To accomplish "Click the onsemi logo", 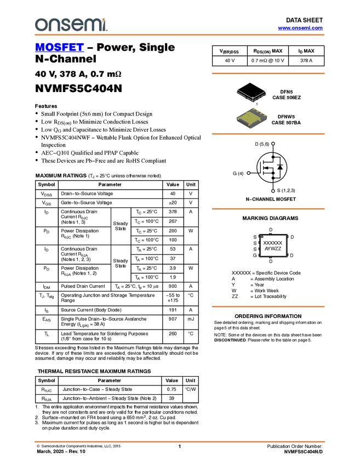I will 71,25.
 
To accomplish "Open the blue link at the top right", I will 300,28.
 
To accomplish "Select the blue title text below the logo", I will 59,48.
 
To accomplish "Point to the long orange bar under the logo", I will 179,35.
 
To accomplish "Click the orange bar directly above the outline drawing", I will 268,73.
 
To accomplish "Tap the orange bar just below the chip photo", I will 268,134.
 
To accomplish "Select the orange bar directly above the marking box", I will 268,209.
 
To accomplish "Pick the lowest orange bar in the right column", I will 268,306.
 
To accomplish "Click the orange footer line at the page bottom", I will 179,441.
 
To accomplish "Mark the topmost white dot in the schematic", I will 273,144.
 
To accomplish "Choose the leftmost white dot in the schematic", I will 249,173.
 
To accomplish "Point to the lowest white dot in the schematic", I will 273,191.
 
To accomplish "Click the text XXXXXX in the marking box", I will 273,242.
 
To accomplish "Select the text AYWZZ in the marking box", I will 273,249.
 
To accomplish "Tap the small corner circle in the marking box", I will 262,237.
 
